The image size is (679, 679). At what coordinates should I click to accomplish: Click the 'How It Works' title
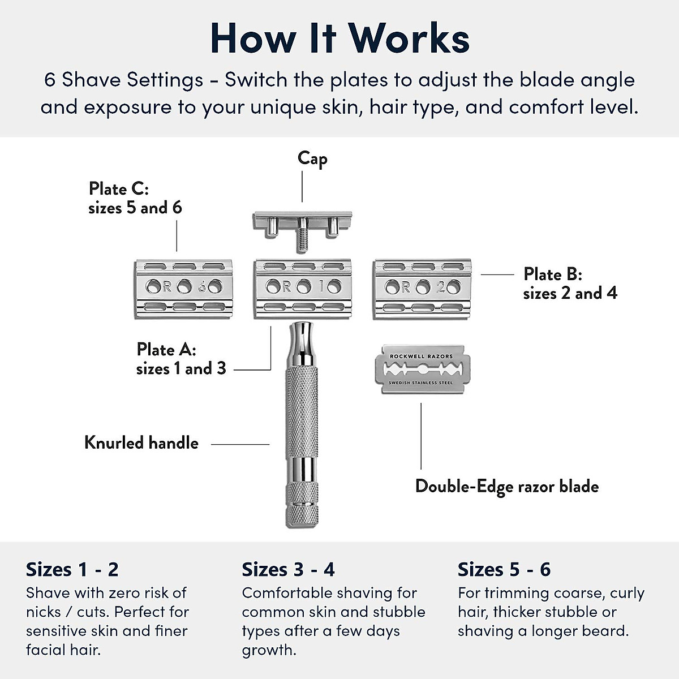click(339, 38)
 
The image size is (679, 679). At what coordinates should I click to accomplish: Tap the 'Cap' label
click(312, 159)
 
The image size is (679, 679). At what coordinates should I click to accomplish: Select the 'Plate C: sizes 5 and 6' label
click(135, 198)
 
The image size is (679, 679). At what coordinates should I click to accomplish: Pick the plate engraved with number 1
click(303, 287)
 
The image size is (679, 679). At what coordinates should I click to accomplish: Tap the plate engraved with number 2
click(422, 287)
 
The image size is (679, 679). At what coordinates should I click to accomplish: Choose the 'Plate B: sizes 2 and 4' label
click(569, 283)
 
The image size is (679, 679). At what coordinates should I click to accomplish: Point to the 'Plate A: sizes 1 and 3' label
click(181, 359)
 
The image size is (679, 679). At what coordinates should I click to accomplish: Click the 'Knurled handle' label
click(141, 442)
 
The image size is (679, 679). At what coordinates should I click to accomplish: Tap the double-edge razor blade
click(421, 369)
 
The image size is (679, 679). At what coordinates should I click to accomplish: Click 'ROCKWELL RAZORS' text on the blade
click(421, 356)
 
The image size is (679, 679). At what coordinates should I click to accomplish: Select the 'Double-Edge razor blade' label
click(506, 486)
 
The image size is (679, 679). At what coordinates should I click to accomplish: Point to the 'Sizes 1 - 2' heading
click(72, 569)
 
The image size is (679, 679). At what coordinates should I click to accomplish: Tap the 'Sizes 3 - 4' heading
click(288, 569)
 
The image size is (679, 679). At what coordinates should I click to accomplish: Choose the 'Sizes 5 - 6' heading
click(504, 569)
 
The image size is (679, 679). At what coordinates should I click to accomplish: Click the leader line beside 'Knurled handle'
click(240, 444)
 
